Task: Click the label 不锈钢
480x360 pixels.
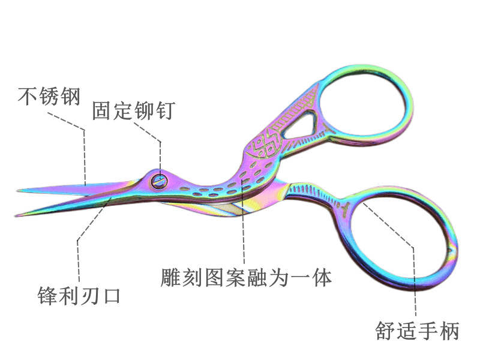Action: coord(49,96)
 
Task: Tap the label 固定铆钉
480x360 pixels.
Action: coord(133,110)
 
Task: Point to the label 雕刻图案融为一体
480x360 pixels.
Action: coord(246,277)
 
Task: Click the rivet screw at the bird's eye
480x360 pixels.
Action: coord(160,178)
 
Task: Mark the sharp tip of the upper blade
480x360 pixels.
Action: coord(19,191)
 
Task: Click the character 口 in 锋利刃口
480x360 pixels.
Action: coord(110,296)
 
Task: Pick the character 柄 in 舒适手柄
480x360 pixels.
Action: coord(448,331)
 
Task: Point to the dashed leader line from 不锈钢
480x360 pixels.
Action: coord(85,150)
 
